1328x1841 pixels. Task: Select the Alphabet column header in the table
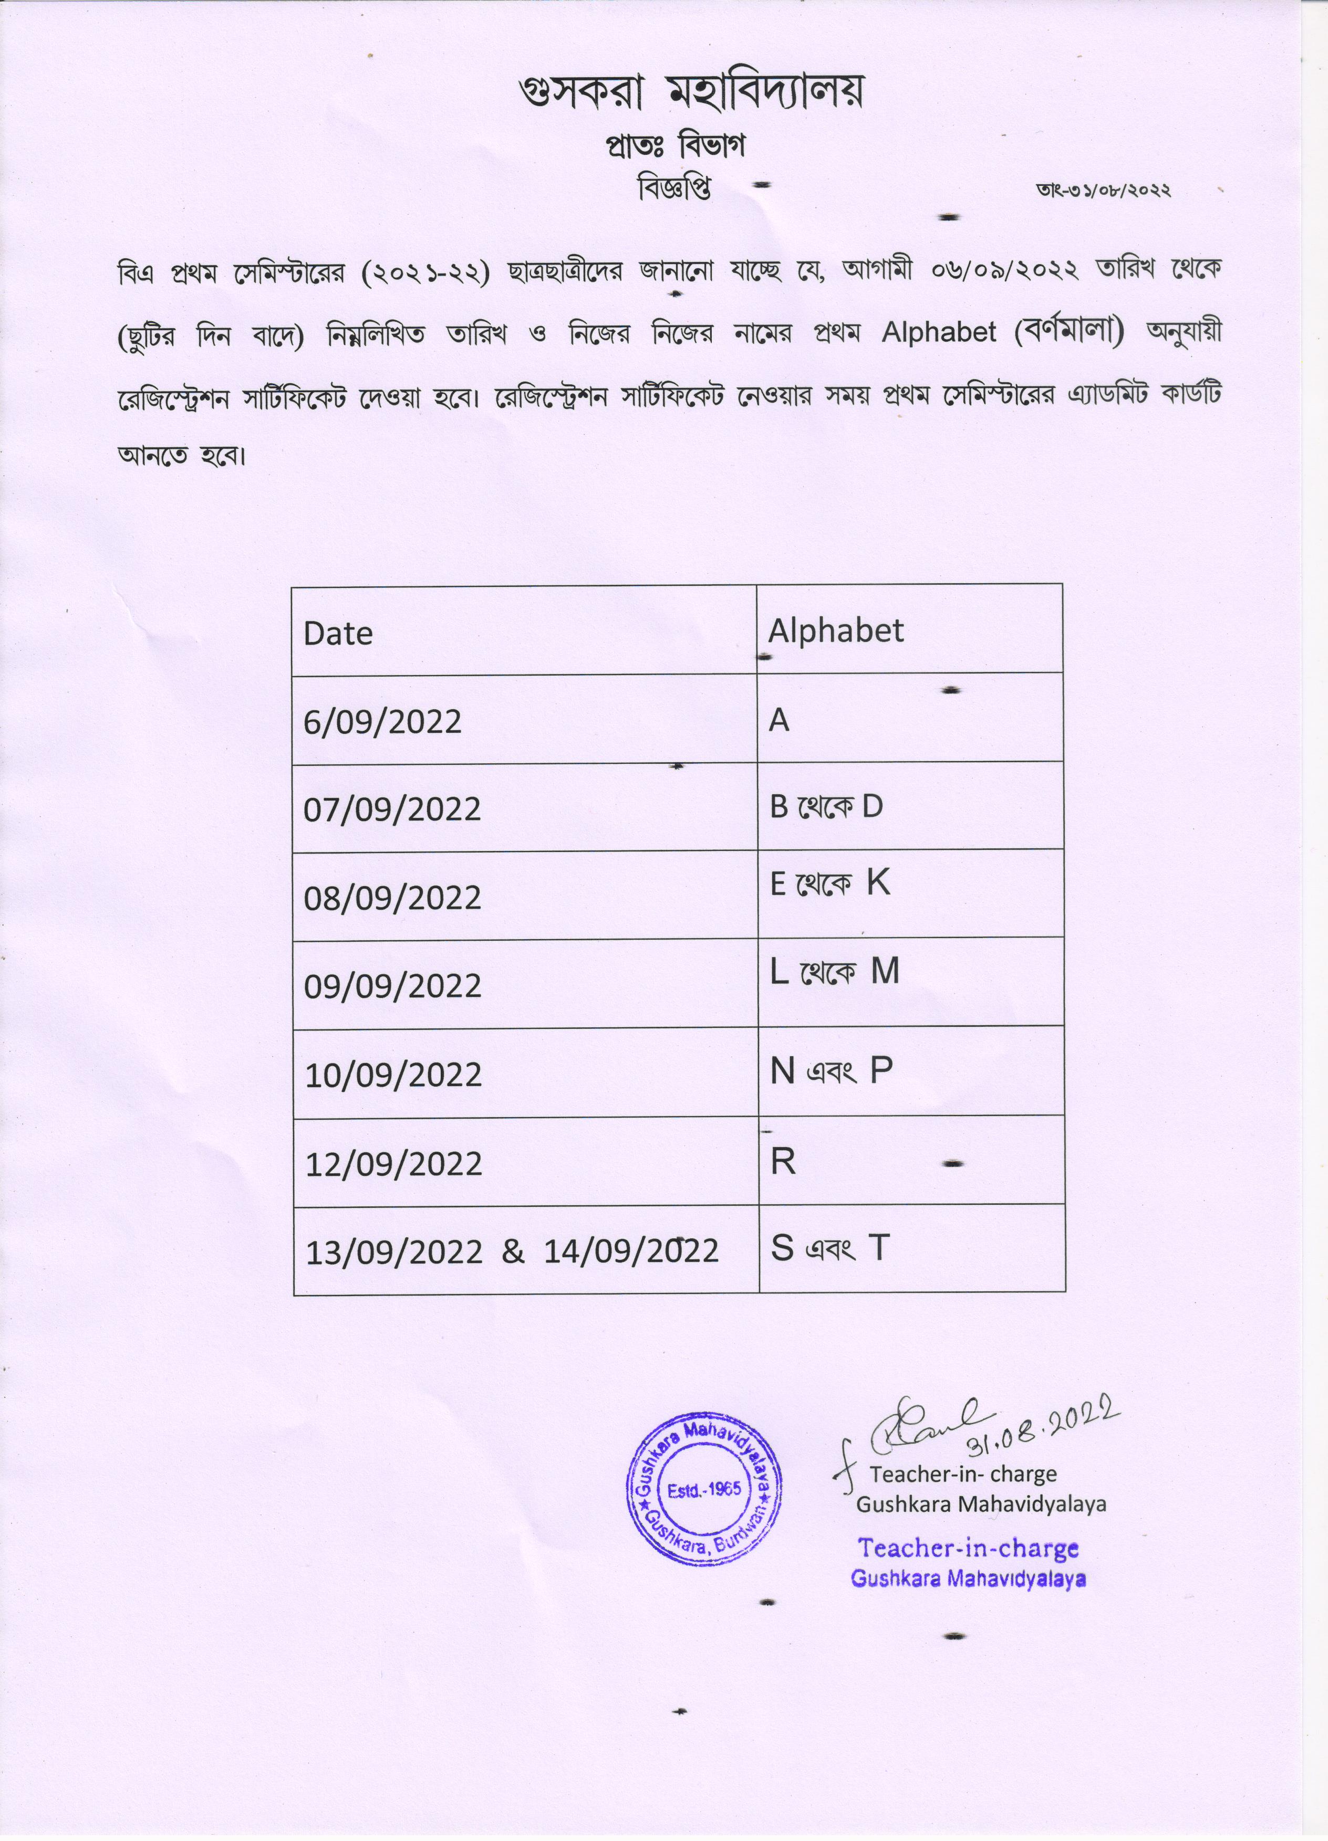(836, 630)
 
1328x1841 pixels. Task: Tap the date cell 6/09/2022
(382, 722)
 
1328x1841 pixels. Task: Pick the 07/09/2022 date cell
(392, 809)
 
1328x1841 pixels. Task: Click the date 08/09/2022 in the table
(392, 898)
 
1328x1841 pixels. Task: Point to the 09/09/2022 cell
(392, 986)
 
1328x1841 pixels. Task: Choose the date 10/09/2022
(393, 1075)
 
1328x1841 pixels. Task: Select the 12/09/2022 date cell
(393, 1164)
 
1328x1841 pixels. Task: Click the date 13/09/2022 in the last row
(394, 1251)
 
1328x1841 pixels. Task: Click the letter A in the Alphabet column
(779, 720)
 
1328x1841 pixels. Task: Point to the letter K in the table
(878, 882)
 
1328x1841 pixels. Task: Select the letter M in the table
(885, 971)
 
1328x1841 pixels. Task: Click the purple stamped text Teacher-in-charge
(968, 1548)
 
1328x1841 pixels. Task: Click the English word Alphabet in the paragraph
(939, 332)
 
